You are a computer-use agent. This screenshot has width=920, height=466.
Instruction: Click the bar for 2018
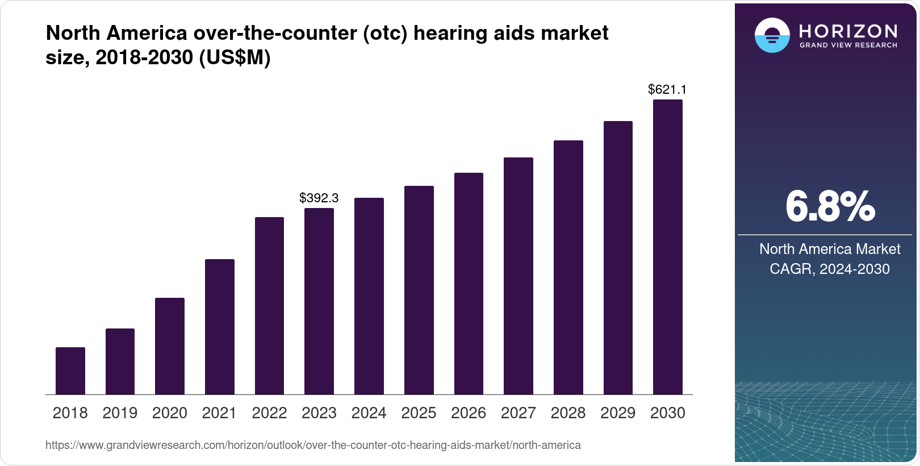coord(70,371)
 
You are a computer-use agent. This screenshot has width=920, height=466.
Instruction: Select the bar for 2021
coord(220,327)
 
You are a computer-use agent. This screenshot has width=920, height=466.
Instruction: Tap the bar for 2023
coord(319,301)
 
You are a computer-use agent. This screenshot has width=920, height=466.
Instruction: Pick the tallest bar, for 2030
coord(668,247)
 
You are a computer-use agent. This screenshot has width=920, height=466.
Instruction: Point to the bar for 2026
coord(469,284)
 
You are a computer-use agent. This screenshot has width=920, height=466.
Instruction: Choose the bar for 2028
coord(568,267)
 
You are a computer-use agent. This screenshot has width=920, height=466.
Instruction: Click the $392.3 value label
coord(319,198)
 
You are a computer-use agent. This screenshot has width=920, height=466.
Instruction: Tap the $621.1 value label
coord(667,89)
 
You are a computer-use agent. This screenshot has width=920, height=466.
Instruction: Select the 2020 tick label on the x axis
coord(170,413)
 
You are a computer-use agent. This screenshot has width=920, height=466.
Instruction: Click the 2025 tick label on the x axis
coord(419,413)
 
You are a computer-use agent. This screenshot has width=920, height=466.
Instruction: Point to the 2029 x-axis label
coord(618,413)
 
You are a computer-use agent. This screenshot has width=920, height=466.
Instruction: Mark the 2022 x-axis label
coord(269,413)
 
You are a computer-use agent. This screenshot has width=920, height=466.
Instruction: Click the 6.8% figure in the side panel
coord(830,207)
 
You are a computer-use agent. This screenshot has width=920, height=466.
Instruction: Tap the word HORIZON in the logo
coord(848,31)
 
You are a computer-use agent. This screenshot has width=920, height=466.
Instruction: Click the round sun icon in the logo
coord(772,36)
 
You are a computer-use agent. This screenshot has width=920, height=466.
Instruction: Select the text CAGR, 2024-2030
coord(830,269)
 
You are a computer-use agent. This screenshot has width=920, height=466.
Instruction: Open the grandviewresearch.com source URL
coord(313,445)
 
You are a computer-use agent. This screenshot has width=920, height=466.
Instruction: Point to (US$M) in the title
coord(235,57)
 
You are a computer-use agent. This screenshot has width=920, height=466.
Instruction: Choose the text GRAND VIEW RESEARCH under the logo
coord(848,45)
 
